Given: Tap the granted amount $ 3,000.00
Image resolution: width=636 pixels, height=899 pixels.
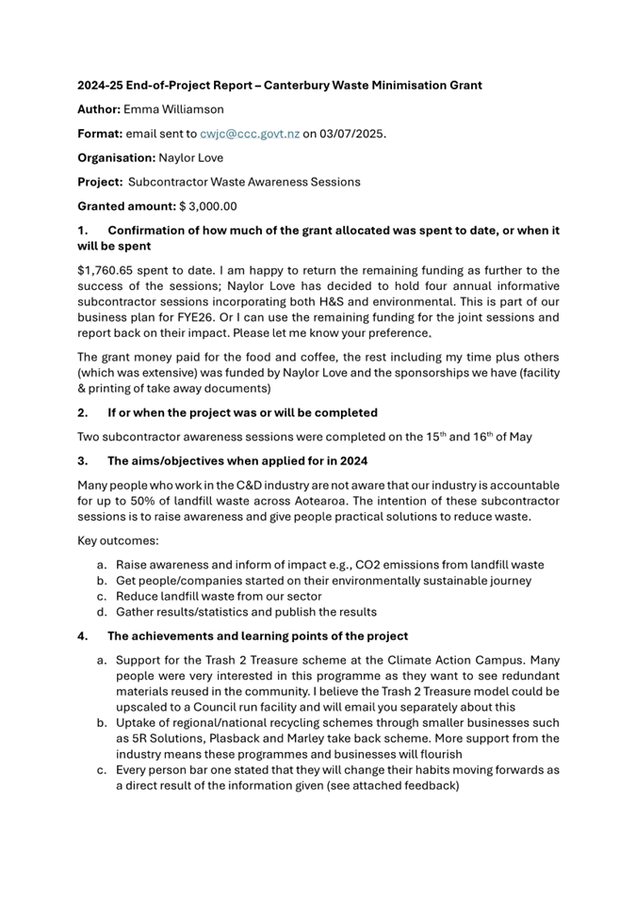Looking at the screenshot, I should coord(208,206).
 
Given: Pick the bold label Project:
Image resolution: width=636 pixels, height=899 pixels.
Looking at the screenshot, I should coord(101,182).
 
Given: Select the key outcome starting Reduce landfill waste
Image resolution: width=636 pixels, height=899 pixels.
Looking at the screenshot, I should coord(218,596).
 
